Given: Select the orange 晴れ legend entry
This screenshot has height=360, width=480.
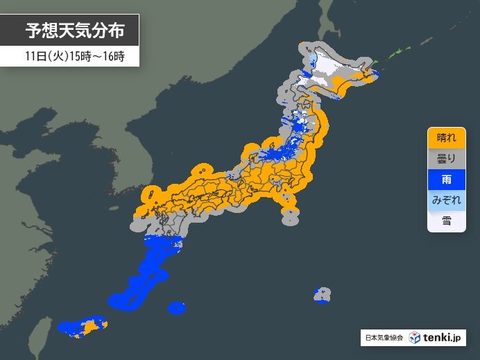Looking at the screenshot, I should click(x=446, y=137).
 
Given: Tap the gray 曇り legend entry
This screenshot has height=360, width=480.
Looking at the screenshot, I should click(x=446, y=157).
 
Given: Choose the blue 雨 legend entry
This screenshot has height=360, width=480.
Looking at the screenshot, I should click(x=446, y=178).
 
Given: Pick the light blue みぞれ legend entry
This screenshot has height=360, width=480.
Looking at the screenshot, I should click(x=446, y=199).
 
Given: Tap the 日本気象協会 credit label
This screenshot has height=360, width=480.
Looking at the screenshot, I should click(x=384, y=338).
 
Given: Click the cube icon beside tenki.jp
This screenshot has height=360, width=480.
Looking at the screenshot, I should click(x=414, y=338).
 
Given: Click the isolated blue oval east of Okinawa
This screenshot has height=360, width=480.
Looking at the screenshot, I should click(x=177, y=307).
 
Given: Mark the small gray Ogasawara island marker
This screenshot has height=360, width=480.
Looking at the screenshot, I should click(x=321, y=295).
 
